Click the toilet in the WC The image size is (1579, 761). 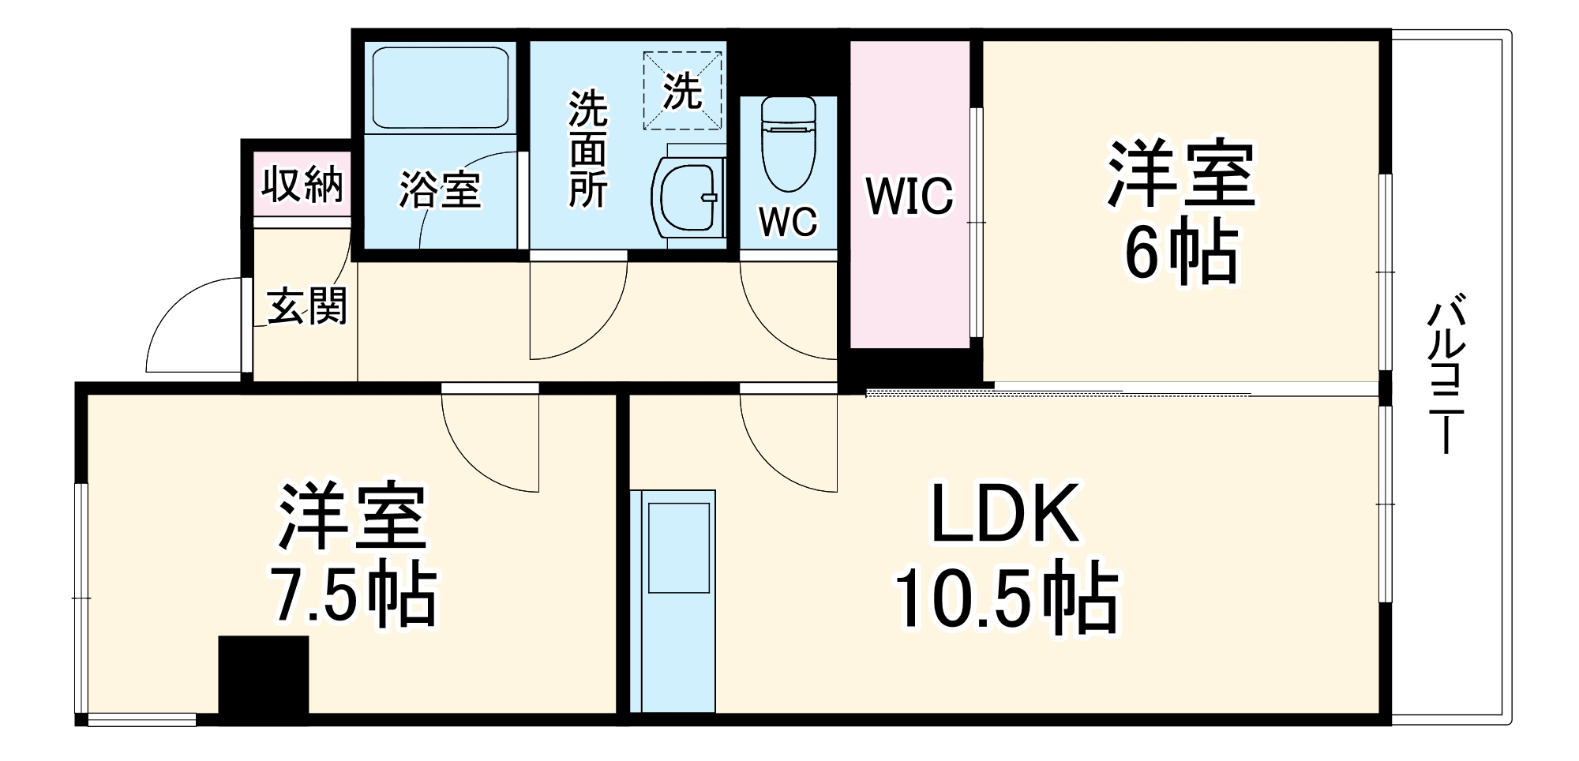[788, 144]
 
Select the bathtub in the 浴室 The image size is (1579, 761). [440, 87]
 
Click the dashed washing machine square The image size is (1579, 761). [682, 90]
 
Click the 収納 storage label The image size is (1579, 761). [302, 185]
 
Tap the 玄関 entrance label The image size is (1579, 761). [306, 306]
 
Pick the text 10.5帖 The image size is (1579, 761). [1006, 600]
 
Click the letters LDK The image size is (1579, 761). [1005, 514]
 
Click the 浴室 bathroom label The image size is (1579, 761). [440, 191]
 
